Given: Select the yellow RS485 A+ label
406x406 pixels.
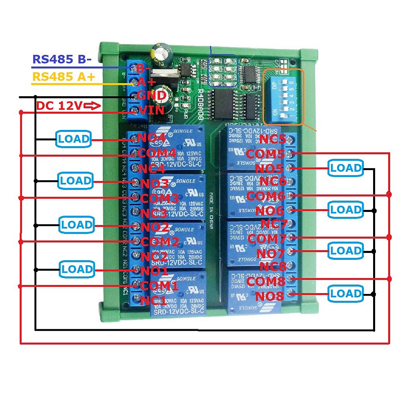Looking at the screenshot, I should (64, 77).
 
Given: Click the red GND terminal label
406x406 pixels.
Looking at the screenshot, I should (151, 96).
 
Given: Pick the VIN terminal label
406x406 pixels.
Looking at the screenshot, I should (151, 110).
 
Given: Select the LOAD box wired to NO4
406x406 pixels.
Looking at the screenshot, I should (73, 139).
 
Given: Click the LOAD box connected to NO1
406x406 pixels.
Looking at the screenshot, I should (77, 269).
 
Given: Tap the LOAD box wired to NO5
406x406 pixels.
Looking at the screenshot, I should (346, 168).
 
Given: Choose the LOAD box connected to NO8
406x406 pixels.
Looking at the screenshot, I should (346, 294).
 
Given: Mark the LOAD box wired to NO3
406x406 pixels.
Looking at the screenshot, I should (76, 181).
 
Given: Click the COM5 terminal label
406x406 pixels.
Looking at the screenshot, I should (266, 154).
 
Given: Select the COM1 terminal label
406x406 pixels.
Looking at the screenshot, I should (160, 285).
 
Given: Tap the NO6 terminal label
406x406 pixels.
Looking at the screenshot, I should (270, 211).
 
